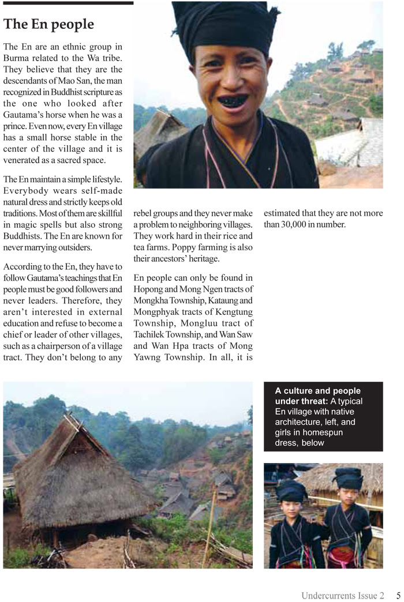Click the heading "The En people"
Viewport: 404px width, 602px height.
tap(48, 24)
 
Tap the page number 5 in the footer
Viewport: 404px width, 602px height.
tap(398, 596)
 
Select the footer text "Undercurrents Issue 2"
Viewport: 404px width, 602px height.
tap(342, 596)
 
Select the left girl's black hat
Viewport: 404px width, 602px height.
tap(291, 491)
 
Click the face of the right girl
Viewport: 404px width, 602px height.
tap(348, 496)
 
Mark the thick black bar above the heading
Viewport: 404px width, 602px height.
tap(68, 3)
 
